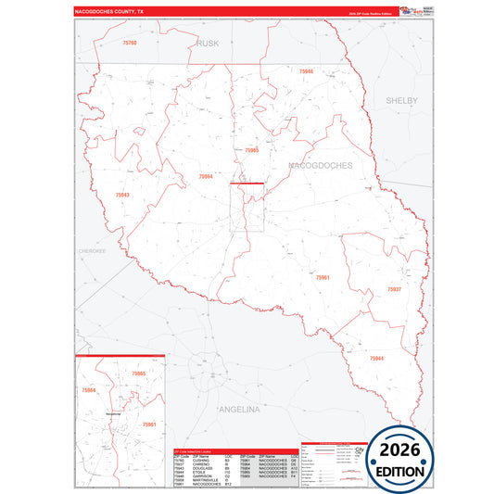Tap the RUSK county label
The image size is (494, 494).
(x=208, y=43)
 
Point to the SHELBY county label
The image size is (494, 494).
(x=402, y=100)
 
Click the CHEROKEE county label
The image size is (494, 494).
(x=92, y=250)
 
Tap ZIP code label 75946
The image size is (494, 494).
(x=306, y=71)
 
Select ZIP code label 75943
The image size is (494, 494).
(x=122, y=196)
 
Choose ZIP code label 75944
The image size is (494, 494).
(x=376, y=358)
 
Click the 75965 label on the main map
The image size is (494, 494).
(x=251, y=149)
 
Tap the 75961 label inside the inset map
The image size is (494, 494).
(x=147, y=424)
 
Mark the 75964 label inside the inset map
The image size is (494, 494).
(x=90, y=390)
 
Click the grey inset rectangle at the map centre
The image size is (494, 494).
(x=247, y=207)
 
